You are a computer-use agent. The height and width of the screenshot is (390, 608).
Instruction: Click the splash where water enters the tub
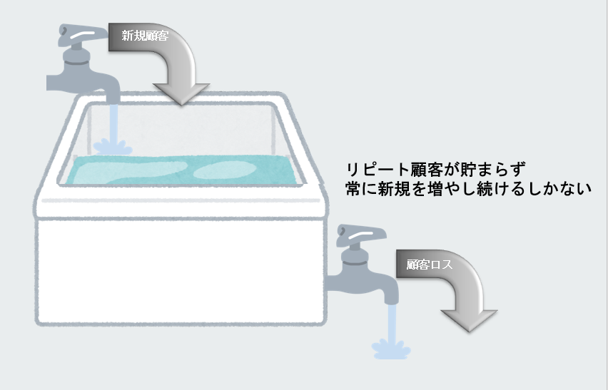click(112, 145)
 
